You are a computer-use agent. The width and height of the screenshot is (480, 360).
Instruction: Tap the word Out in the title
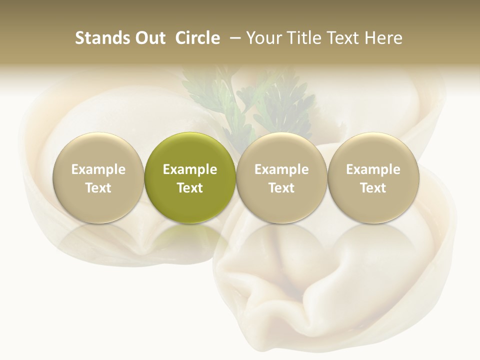pyautogui.click(x=149, y=38)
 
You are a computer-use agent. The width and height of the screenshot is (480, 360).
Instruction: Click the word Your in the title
pyautogui.click(x=263, y=38)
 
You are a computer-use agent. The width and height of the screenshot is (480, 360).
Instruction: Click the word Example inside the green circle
pyautogui.click(x=190, y=169)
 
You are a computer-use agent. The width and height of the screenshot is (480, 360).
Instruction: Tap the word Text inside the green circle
pyautogui.click(x=190, y=188)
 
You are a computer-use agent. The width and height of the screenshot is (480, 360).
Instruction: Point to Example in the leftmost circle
pyautogui.click(x=98, y=169)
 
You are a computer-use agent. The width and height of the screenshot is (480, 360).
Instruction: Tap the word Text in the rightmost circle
pyautogui.click(x=373, y=188)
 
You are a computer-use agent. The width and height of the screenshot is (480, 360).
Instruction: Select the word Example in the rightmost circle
pyautogui.click(x=373, y=169)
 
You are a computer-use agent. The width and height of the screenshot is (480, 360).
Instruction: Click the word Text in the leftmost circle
pyautogui.click(x=98, y=188)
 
